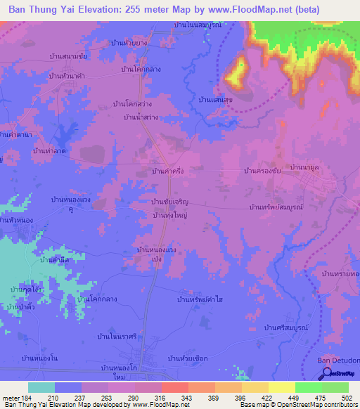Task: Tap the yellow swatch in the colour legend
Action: click(281, 387)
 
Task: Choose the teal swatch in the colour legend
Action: click(41, 387)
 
